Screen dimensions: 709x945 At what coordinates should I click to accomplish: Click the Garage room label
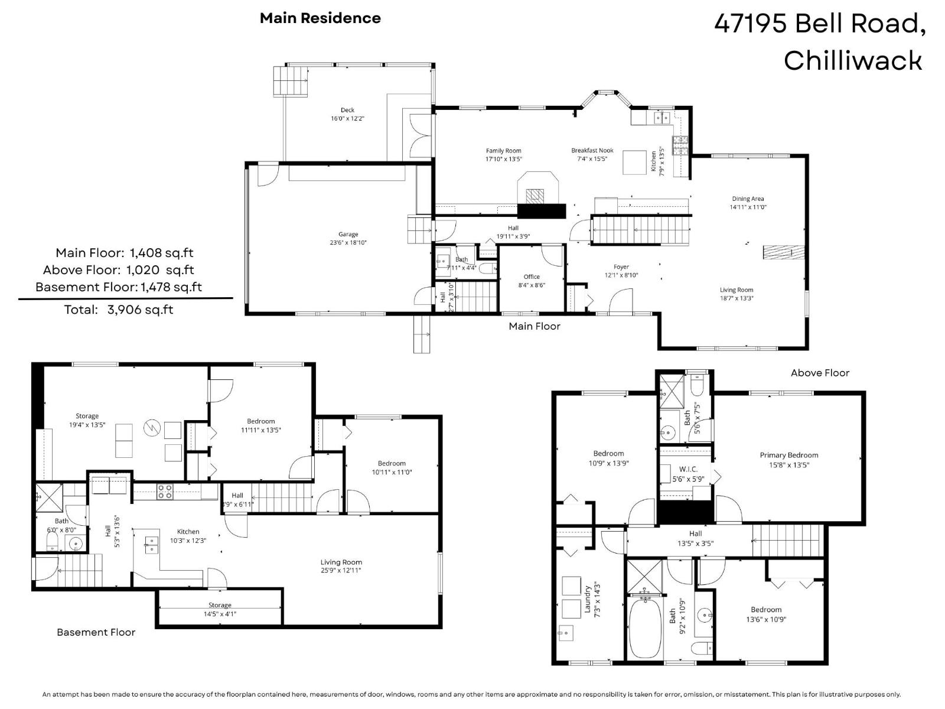click(x=348, y=235)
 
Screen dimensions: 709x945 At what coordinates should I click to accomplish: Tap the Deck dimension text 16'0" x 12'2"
click(x=347, y=119)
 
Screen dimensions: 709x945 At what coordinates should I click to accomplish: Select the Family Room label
click(x=503, y=151)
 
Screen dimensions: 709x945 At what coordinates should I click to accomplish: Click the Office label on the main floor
click(x=532, y=277)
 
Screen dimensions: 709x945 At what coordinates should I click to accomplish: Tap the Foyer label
click(x=621, y=267)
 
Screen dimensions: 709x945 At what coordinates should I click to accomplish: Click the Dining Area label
click(x=748, y=199)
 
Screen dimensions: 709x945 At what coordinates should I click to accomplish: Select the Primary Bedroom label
click(x=788, y=455)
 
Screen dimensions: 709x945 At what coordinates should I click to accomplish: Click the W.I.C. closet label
click(x=688, y=469)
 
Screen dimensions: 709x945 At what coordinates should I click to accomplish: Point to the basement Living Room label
click(x=341, y=562)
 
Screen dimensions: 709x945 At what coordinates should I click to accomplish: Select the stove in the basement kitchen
click(x=165, y=492)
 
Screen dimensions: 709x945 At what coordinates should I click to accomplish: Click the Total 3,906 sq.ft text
click(x=119, y=310)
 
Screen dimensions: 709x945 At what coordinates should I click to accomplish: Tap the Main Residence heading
click(x=320, y=18)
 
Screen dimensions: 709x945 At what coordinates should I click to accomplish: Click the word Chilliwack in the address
click(x=852, y=60)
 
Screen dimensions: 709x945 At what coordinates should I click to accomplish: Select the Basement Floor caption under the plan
click(x=96, y=632)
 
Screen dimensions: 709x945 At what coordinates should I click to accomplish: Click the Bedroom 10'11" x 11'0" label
click(x=392, y=463)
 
